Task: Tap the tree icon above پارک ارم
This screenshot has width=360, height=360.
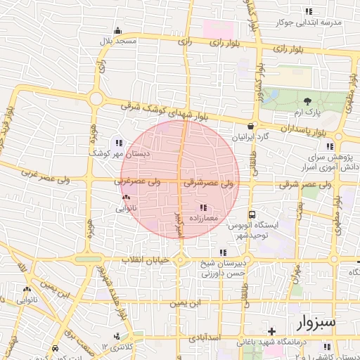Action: pyautogui.click(x=307, y=100)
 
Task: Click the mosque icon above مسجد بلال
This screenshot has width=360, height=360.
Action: pyautogui.click(x=117, y=31)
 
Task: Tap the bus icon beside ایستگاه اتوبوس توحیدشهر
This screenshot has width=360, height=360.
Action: pyautogui.click(x=252, y=214)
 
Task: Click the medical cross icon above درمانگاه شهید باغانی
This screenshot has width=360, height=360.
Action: pyautogui.click(x=271, y=330)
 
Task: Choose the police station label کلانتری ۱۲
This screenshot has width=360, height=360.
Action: pyautogui.click(x=116, y=348)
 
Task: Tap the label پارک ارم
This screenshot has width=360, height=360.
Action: pyautogui.click(x=307, y=112)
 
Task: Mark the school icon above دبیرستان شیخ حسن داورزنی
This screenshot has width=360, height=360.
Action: pyautogui.click(x=223, y=252)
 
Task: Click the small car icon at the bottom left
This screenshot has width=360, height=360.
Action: pyautogui.click(x=56, y=348)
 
